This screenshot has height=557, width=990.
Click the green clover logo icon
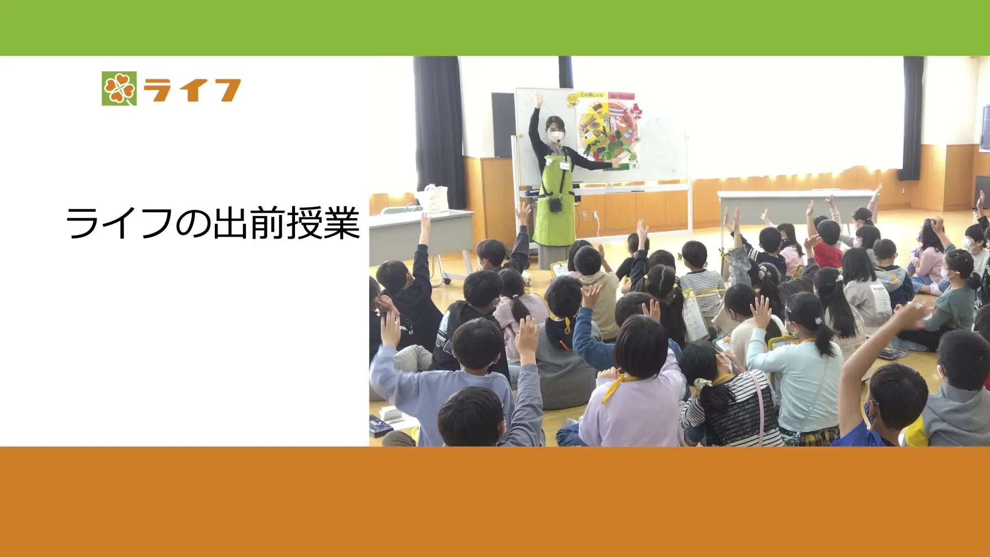119,88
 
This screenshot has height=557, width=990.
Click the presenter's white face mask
556,134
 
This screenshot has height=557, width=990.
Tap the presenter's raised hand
538,100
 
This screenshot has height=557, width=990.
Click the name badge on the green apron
565,165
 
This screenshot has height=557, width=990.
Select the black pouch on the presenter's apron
555,206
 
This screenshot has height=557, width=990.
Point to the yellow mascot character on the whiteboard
573,100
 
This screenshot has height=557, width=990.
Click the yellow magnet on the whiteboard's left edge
520,135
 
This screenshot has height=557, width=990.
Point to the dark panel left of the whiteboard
503,124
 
